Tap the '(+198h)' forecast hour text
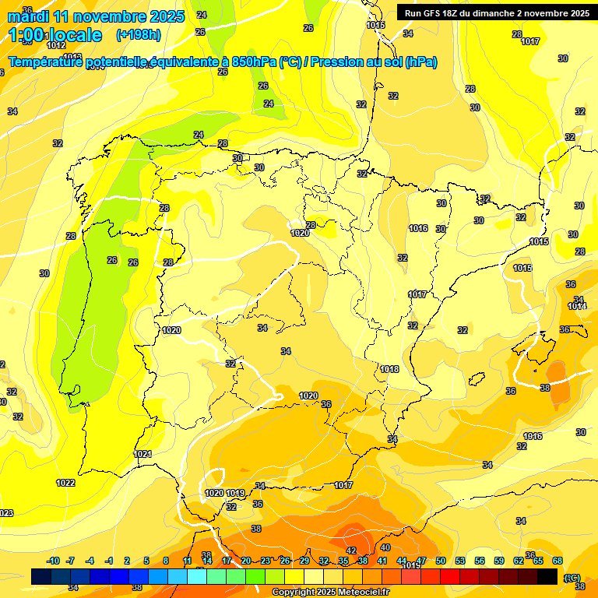[139, 34]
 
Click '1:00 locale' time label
[56, 35]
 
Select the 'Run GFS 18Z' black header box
[494, 12]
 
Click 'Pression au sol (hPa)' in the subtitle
[374, 62]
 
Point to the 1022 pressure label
[65, 484]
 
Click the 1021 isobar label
[143, 454]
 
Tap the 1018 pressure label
[390, 369]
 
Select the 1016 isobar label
[418, 228]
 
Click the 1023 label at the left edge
[6, 512]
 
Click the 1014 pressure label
[577, 306]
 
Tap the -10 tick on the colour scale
[53, 561]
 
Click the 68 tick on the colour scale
[558, 561]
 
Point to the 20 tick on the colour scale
[246, 561]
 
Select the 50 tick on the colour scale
[441, 561]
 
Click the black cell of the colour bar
[548, 576]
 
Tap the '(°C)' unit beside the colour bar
[572, 577]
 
